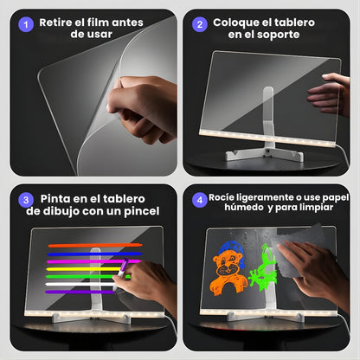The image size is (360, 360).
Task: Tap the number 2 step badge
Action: [x=199, y=24]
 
